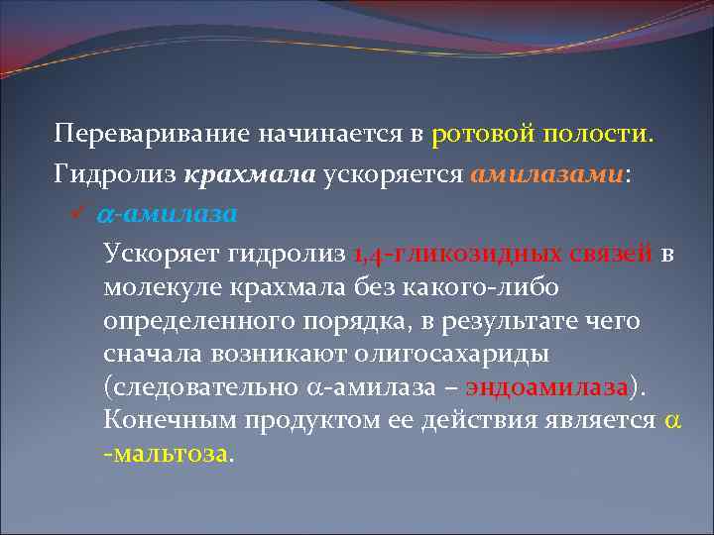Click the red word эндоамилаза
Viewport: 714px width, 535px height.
click(x=544, y=388)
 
